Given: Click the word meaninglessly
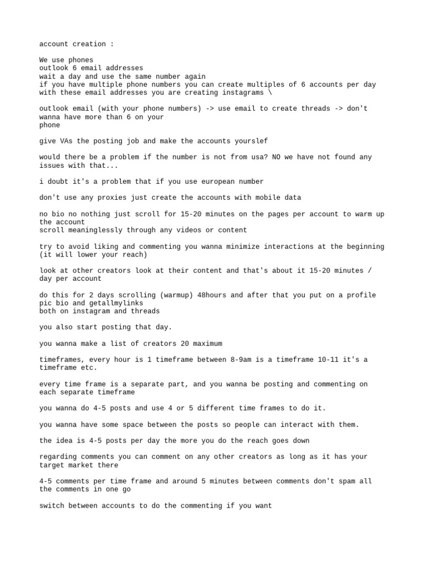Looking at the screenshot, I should pos(93,230).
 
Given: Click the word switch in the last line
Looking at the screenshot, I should pos(52,505).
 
